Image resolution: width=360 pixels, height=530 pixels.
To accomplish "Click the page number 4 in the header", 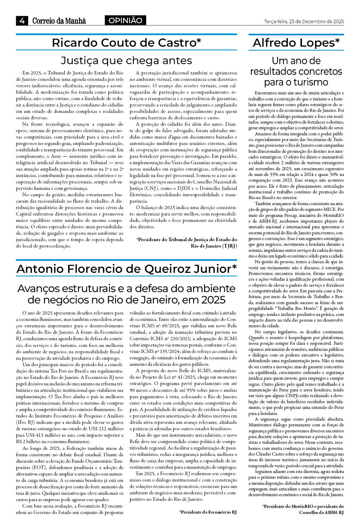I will pos(22,21).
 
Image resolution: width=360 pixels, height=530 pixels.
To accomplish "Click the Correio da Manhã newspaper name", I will pos(59,21).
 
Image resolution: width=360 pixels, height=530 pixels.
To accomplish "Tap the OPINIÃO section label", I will pos(125,21).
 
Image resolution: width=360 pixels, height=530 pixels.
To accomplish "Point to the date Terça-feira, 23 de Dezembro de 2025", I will pos(304,21).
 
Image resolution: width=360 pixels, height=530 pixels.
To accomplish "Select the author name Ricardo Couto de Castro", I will pos(126,43).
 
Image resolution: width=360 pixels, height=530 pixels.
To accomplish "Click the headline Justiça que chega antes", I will pos(126,61).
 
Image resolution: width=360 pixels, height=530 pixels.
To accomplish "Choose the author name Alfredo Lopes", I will pos(296,43).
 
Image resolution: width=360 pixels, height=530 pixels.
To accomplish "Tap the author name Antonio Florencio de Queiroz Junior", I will pos(126,269).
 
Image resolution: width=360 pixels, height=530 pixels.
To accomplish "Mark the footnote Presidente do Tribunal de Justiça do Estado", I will pos(186,243).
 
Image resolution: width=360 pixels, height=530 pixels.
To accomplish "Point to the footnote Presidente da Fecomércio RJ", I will pos(208,512).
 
